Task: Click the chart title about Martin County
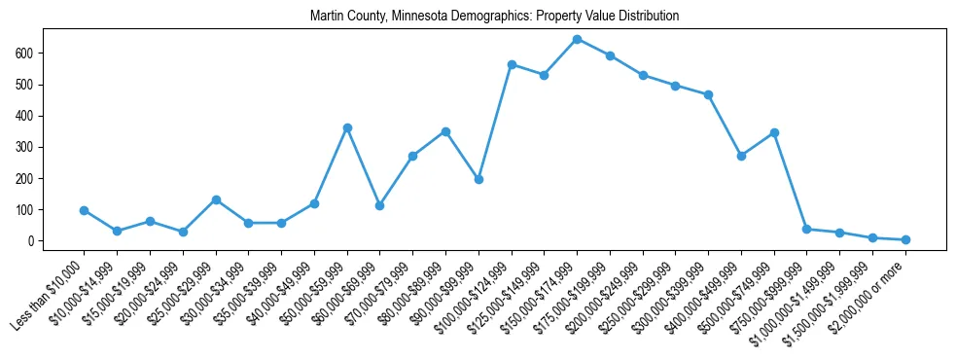[x=494, y=17]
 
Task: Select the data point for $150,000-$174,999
[x=577, y=40]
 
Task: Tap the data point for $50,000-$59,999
[x=347, y=127]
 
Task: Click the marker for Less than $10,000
[x=85, y=210]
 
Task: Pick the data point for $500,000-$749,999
[x=774, y=132]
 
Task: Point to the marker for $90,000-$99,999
[x=478, y=179]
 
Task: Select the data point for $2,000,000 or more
[x=905, y=239]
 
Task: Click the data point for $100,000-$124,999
[x=512, y=64]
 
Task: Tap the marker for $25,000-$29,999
[x=216, y=199]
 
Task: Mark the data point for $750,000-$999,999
[x=807, y=229]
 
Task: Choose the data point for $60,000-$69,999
[x=380, y=205]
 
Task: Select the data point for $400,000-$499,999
[x=741, y=156]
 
